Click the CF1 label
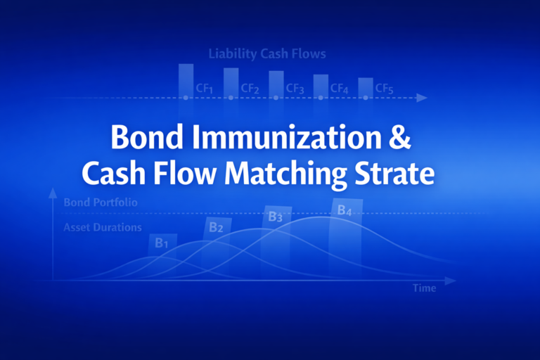[204, 89]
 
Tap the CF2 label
[250, 89]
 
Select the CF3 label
[295, 89]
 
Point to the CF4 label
[340, 89]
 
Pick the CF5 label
[384, 89]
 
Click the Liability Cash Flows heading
[267, 53]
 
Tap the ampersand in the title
[398, 137]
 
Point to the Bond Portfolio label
[100, 202]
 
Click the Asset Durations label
[103, 228]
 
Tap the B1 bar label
[162, 243]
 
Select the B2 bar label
[216, 227]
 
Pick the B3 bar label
[275, 217]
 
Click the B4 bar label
[345, 210]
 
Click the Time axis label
[424, 288]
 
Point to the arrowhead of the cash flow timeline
[422, 98]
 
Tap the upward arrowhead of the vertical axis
[52, 191]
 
